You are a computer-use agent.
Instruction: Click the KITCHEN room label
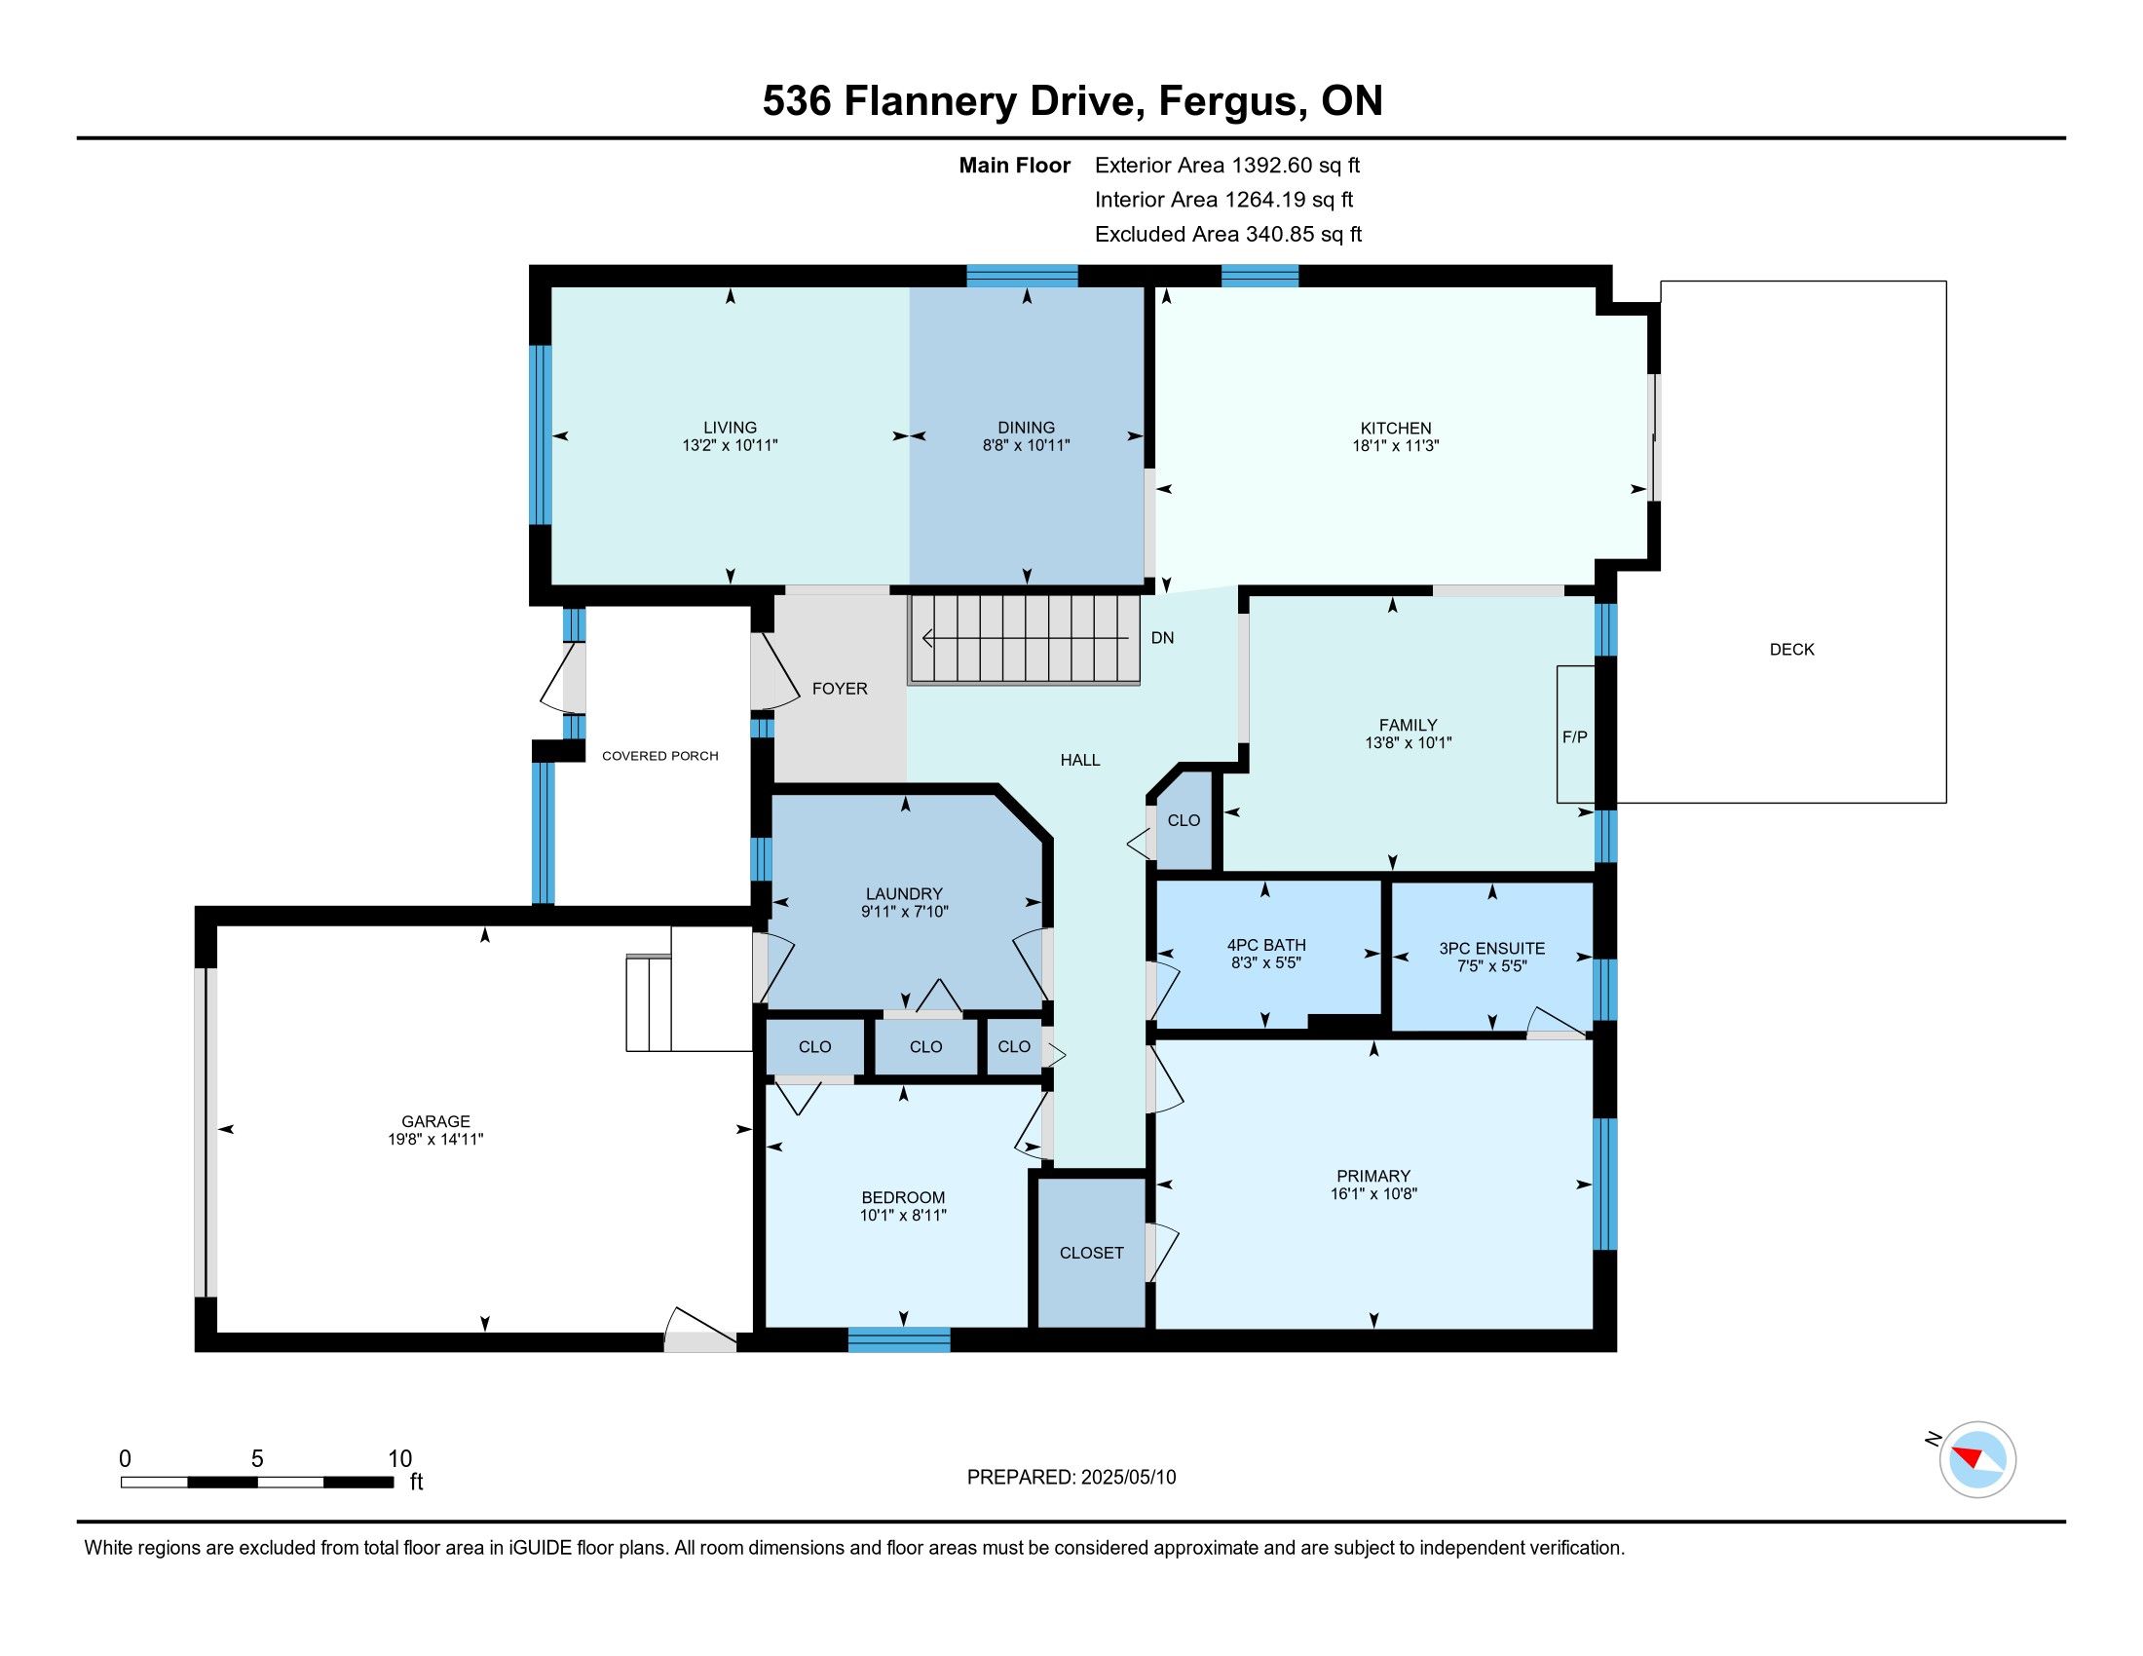pos(1395,428)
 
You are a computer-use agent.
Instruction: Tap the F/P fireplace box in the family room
pos(1576,734)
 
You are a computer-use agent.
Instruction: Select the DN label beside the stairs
pos(1162,638)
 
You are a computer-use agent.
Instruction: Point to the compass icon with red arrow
pos(1977,1460)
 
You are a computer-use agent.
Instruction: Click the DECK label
pos(1791,650)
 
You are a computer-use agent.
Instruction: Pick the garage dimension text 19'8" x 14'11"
pos(435,1139)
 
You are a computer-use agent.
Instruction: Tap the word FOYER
pos(840,689)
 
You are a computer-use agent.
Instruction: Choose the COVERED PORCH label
pos(660,755)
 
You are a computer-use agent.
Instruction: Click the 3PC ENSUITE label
pos(1491,948)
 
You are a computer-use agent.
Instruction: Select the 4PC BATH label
pos(1265,945)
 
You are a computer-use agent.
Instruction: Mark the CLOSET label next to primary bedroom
pos(1091,1253)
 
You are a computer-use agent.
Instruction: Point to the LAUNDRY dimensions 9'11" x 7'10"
pos(904,912)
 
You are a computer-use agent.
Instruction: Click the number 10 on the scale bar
pos(399,1458)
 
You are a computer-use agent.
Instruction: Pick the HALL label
pos(1079,761)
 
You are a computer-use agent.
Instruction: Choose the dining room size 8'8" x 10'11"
pos(1027,445)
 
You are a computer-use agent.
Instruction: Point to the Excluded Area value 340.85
pos(1279,234)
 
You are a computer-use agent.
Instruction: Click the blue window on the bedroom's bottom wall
pos(899,1339)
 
